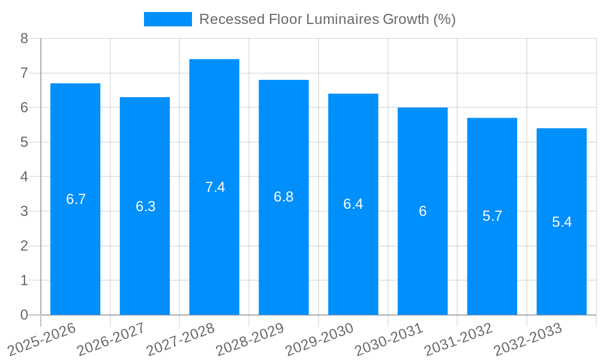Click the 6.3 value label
coord(145,206)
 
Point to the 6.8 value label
coord(283,197)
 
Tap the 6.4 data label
coord(353,204)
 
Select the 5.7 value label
coord(492,216)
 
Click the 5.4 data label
coord(562,222)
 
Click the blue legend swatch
coord(167,19)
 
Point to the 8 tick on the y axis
coord(24,38)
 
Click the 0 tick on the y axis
coord(24,315)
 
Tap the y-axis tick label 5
coord(24,142)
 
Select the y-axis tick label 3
coord(24,211)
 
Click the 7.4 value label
coord(215,187)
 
